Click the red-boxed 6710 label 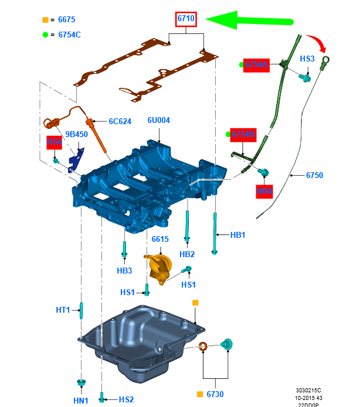coord(186,19)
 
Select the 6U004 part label coord(158,120)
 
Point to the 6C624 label coord(120,122)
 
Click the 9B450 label coord(76,134)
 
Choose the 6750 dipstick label coord(314,175)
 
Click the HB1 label coord(237,235)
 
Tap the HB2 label coord(187,254)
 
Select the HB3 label coord(124,270)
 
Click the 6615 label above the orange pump coord(160,240)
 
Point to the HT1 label coord(63,310)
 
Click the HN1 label coord(81,400)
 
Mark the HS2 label coord(126,399)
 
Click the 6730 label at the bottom coord(214,394)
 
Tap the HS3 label coord(308,59)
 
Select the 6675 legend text coord(67,20)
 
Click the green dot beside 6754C coord(45,35)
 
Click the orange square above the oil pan coord(196,302)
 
